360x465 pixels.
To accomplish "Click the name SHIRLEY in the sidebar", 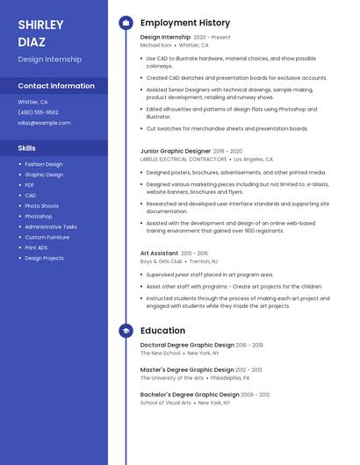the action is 40,25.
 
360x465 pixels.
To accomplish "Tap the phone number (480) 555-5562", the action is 38,112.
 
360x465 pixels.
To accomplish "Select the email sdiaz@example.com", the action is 44,123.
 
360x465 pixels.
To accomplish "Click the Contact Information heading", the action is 56,86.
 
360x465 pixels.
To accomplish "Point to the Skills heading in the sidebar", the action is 27,148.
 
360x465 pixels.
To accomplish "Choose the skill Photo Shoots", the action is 41,205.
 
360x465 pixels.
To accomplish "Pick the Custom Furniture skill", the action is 47,237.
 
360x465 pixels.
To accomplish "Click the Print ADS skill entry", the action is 37,247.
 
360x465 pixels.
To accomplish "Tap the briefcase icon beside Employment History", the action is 126,23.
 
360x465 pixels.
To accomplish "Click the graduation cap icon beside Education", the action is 126,331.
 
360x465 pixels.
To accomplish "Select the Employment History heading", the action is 185,23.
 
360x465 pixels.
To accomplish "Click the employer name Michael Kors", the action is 156,45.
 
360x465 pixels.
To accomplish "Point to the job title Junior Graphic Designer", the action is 176,151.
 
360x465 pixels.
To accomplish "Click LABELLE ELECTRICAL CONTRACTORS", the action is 183,160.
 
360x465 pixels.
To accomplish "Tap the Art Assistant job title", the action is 159,253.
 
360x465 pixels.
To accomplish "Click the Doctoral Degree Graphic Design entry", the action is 187,345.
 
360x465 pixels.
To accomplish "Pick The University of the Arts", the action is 172,378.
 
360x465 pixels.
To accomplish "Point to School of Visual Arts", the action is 166,403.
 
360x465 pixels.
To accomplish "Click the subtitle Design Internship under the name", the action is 50,60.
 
